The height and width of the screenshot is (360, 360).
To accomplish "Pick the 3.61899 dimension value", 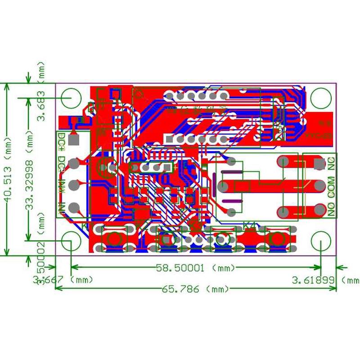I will coord(314,280).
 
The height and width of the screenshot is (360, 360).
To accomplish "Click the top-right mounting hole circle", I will coord(321,96).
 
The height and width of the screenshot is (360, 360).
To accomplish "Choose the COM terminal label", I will coord(332,185).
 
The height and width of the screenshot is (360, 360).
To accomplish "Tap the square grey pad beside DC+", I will coord(75,140).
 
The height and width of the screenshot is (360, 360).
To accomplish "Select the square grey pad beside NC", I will coord(320,163).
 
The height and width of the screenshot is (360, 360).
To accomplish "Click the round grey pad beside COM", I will coord(320,185).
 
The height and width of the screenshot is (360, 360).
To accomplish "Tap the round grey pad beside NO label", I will coord(320,209).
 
